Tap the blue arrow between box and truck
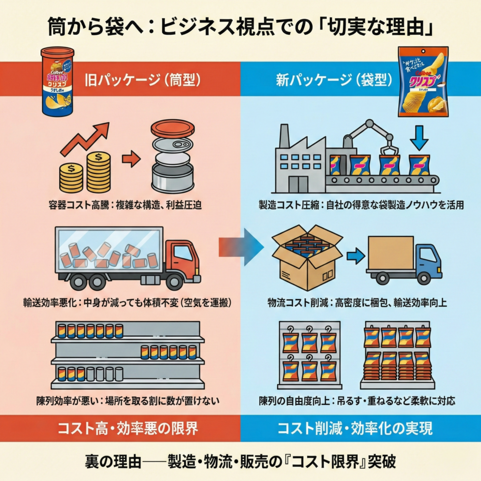click(356, 256)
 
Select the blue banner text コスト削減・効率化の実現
click(361, 428)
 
